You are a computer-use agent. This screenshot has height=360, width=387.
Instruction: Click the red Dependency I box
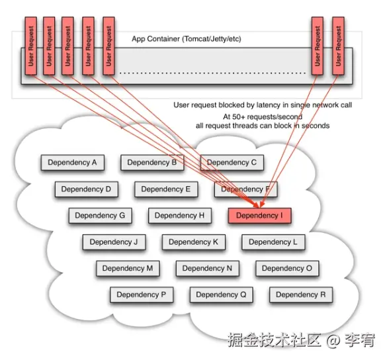click(x=259, y=216)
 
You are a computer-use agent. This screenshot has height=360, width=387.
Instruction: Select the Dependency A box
click(x=73, y=163)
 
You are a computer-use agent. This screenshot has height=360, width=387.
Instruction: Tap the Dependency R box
click(x=301, y=294)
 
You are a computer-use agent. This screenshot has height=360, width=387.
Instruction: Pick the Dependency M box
click(x=128, y=268)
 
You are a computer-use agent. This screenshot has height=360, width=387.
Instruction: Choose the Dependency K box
click(x=194, y=242)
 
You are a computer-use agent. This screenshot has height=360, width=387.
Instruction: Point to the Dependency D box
click(x=87, y=189)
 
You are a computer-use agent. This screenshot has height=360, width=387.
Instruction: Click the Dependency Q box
click(x=222, y=294)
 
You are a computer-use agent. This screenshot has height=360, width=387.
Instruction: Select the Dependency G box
click(x=100, y=216)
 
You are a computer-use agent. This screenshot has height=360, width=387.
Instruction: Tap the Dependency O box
click(x=287, y=268)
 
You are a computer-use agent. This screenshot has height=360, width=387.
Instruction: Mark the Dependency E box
click(x=166, y=189)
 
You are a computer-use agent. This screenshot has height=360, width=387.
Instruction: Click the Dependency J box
click(x=114, y=242)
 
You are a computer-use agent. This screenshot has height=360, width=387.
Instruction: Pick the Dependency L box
click(x=273, y=242)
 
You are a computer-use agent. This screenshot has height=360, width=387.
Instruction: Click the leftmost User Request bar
click(x=31, y=46)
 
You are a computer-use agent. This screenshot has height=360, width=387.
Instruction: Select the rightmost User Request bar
click(x=338, y=46)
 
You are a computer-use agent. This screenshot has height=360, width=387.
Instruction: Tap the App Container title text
click(x=187, y=39)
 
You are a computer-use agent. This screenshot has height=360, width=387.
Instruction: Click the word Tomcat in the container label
click(x=196, y=39)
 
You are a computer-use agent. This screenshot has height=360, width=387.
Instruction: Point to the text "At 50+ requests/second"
click(x=263, y=116)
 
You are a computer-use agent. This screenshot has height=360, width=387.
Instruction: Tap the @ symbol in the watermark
click(x=334, y=340)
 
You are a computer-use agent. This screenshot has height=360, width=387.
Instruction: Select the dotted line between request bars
click(x=212, y=73)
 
